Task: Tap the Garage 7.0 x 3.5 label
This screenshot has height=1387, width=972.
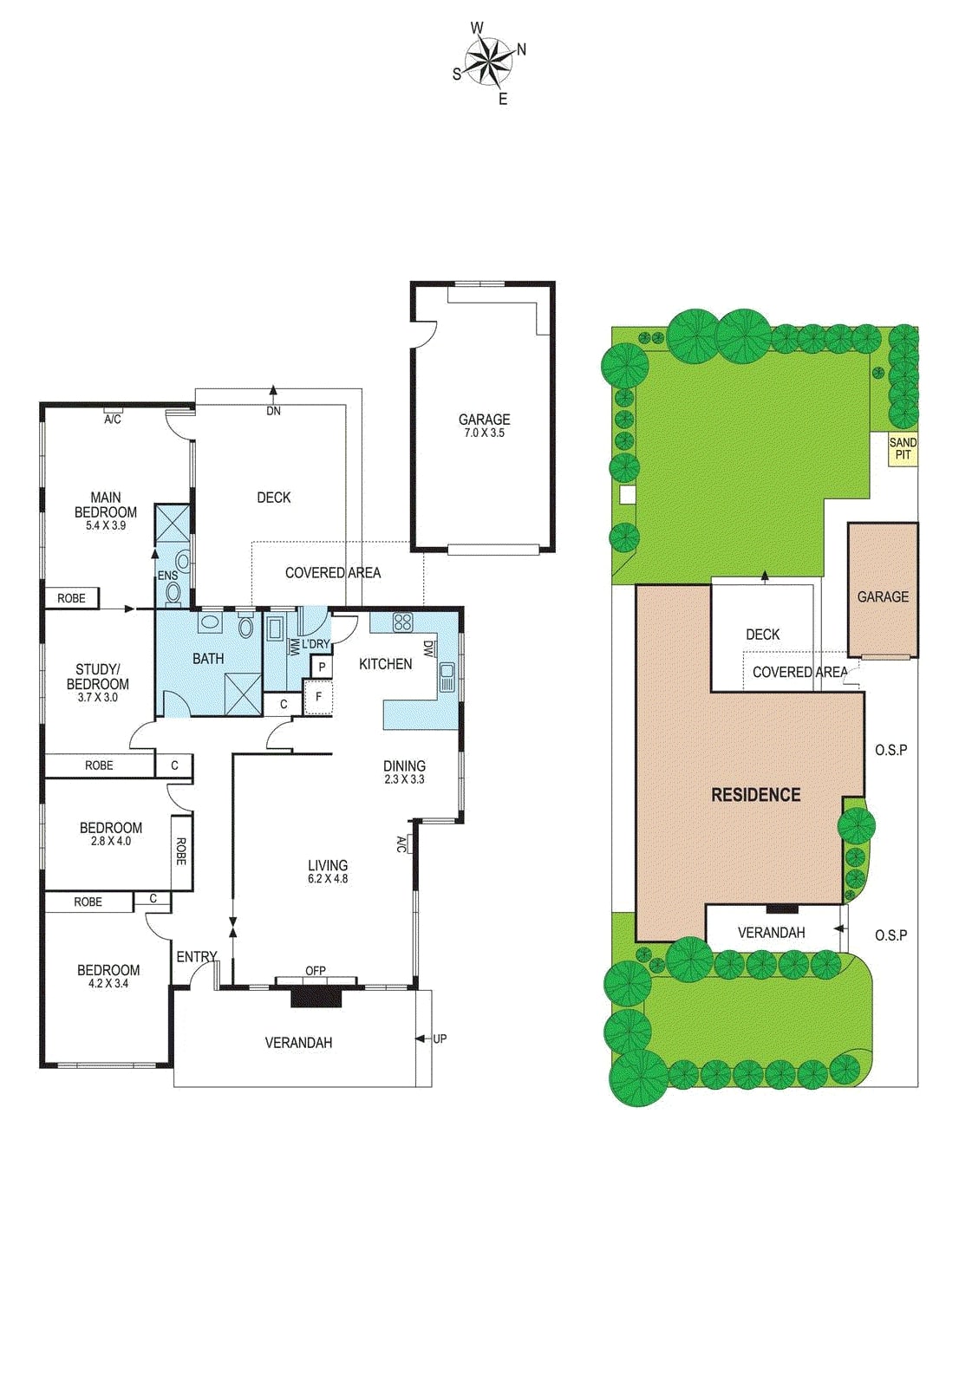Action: click(x=484, y=425)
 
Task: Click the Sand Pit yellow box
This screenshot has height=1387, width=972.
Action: click(x=903, y=448)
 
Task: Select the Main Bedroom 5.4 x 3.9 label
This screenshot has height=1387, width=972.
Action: click(x=106, y=511)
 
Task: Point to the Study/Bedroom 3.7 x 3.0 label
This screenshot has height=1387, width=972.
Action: click(x=97, y=682)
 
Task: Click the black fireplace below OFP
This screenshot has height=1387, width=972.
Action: click(x=316, y=996)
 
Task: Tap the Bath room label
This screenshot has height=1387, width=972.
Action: click(x=208, y=659)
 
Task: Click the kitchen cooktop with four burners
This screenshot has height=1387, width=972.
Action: click(x=402, y=622)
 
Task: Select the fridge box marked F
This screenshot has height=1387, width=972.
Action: click(x=318, y=696)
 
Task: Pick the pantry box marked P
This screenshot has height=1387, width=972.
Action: click(x=322, y=667)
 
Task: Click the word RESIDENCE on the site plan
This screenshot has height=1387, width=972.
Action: click(x=755, y=794)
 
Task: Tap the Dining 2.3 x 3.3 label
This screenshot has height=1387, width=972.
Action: click(x=404, y=772)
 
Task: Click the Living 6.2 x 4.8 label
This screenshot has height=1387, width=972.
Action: click(x=328, y=870)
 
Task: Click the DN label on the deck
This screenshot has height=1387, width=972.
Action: click(x=273, y=411)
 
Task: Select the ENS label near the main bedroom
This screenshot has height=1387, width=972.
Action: click(x=167, y=576)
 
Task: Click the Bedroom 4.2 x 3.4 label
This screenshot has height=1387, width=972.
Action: click(x=108, y=975)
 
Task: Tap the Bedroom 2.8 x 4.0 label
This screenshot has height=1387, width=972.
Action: click(x=110, y=833)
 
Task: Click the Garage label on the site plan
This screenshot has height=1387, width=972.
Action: click(x=883, y=596)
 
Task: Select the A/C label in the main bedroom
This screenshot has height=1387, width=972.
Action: click(x=113, y=420)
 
